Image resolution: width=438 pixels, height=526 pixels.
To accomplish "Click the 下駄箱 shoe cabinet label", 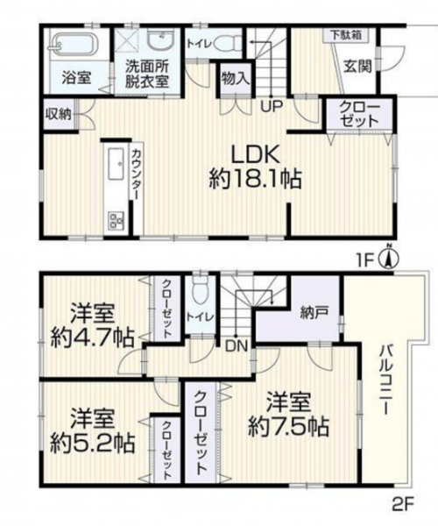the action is tap(347, 35).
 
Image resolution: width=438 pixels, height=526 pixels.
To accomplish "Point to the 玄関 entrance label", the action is tap(358, 68).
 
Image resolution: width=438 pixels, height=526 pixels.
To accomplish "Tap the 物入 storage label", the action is tap(236, 79).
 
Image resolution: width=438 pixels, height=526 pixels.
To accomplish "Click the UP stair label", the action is tap(272, 106).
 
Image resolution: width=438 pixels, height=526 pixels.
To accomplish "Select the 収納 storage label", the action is tap(59, 115).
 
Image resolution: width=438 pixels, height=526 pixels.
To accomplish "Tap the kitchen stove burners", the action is tap(116, 220).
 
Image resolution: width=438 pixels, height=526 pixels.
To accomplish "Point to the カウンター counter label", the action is tap(136, 175).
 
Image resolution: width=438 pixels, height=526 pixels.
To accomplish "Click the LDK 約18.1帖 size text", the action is tap(257, 167).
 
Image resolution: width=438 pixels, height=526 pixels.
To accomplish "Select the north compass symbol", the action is tap(389, 257).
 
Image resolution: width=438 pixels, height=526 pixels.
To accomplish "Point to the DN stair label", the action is tap(237, 346).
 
